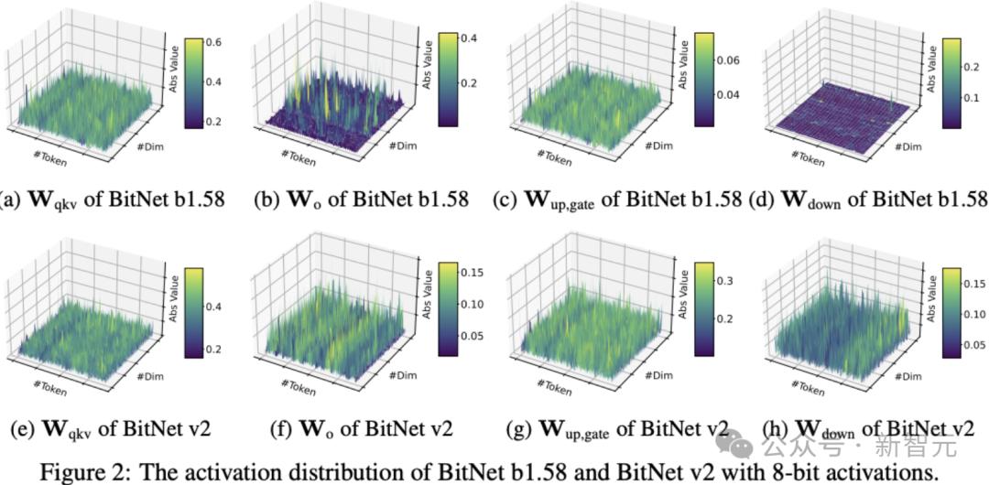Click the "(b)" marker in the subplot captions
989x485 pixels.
266,199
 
